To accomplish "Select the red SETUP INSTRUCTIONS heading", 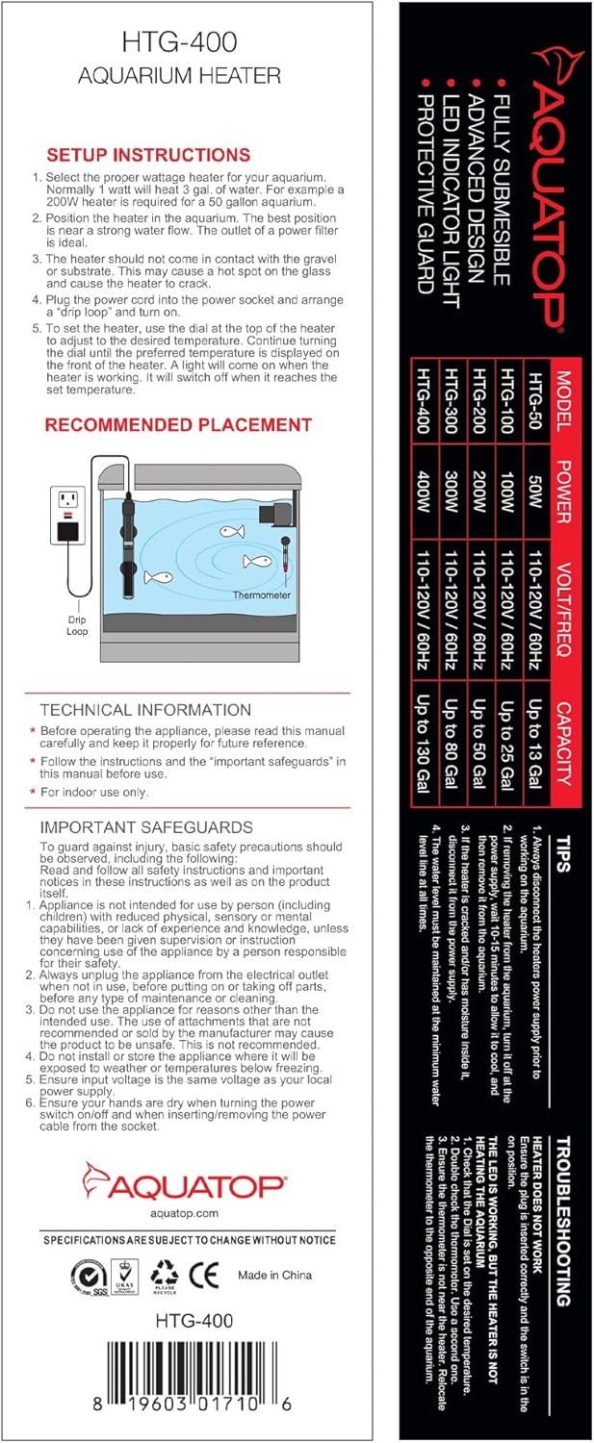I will tap(148, 155).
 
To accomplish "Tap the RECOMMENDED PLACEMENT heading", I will tap(178, 424).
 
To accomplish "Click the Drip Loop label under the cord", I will tap(77, 625).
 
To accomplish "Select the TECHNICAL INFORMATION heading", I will tap(145, 710).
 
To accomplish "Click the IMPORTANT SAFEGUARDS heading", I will tap(146, 826).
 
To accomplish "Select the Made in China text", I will tap(274, 1276).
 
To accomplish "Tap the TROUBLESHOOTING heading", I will tap(564, 1222).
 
